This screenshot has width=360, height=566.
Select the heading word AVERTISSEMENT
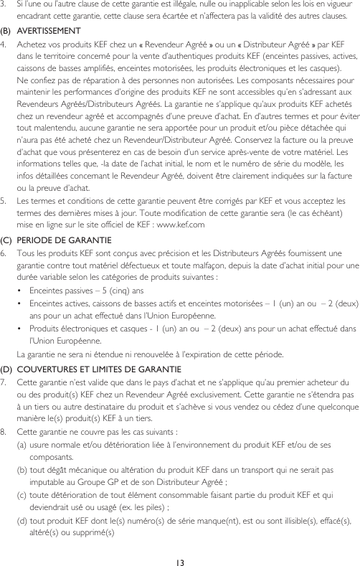[49, 31]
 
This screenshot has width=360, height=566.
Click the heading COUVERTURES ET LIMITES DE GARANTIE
[93, 369]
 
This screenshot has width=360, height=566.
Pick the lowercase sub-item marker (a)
[22, 445]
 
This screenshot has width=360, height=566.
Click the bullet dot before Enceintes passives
[21, 291]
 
